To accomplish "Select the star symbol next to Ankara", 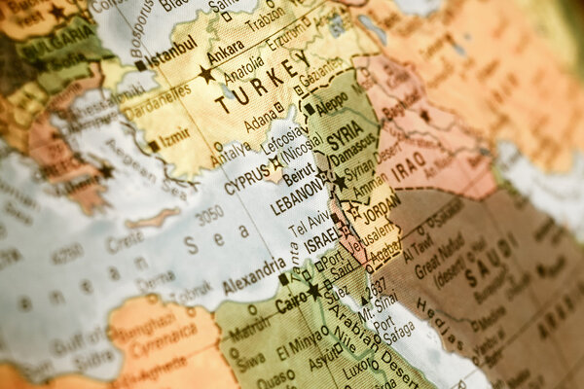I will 206,73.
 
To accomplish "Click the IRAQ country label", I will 408,161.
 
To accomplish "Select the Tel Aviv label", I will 310,225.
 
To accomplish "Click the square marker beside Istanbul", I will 140,66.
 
